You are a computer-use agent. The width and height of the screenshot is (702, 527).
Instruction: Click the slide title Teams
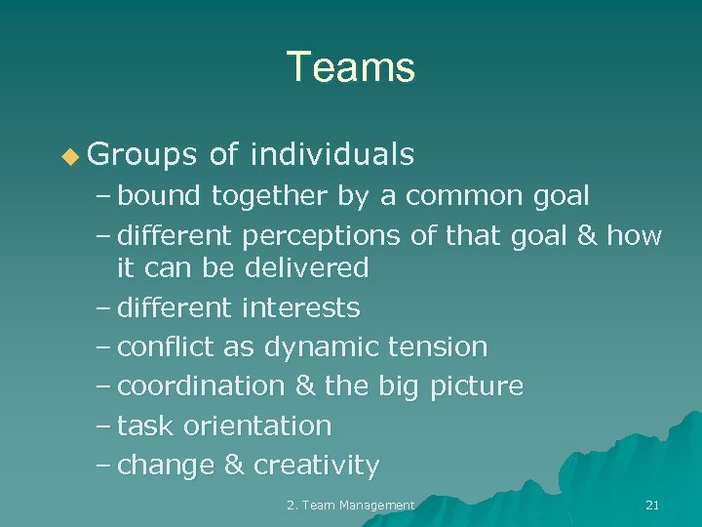pos(351,67)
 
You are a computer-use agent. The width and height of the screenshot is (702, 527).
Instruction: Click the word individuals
pos(332,154)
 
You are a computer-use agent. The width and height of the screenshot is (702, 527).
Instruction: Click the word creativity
pos(316,466)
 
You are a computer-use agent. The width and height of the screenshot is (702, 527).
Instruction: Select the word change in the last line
pos(166,466)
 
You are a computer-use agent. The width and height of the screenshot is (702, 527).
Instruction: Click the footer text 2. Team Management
pos(351,505)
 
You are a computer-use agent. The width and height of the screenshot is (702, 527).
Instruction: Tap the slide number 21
pos(652,505)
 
